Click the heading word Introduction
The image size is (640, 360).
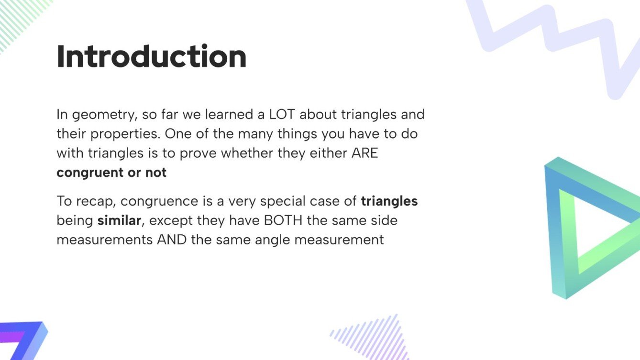151,56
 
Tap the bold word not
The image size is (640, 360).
156,172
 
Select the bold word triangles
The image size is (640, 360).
389,201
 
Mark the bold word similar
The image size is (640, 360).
119,220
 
